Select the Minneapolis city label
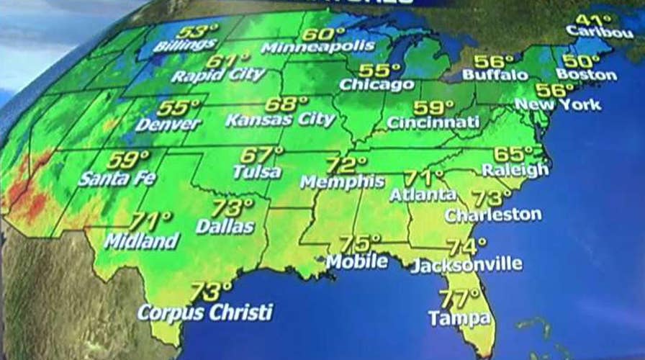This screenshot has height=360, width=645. pyautogui.click(x=318, y=48)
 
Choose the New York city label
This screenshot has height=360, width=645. pyautogui.click(x=559, y=105)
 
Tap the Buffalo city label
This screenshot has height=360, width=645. pyautogui.click(x=495, y=75)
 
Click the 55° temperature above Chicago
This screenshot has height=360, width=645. pyautogui.click(x=379, y=71)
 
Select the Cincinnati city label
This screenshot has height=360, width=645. pyautogui.click(x=433, y=122)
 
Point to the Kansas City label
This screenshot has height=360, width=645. pyautogui.click(x=280, y=120)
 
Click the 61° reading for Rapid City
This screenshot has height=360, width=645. pyautogui.click(x=228, y=60)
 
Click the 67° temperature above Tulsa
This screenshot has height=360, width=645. pyautogui.click(x=261, y=155)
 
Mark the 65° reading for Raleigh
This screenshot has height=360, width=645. pyautogui.click(x=518, y=154)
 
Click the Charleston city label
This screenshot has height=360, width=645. pyautogui.click(x=493, y=214)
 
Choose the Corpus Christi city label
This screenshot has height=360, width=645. pyautogui.click(x=205, y=312)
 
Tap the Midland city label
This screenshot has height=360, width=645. pyautogui.click(x=141, y=240)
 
